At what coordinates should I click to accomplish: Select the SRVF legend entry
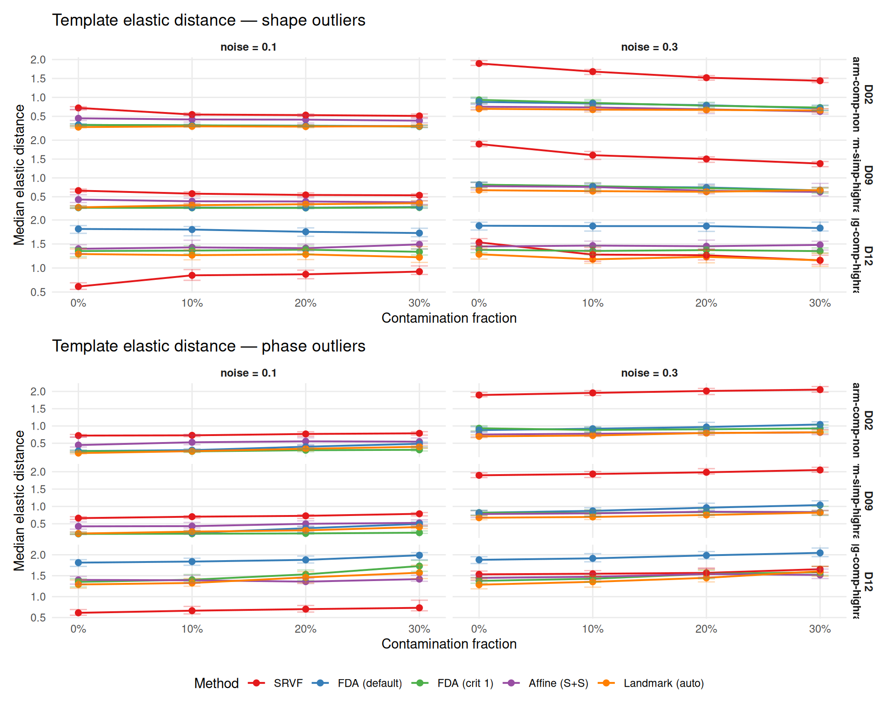coord(288,683)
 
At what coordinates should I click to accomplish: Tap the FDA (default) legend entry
coord(369,683)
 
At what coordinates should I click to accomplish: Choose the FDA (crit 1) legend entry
coord(465,683)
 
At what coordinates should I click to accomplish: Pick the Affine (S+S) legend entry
coord(558,683)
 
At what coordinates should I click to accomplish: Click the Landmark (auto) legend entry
coord(663,683)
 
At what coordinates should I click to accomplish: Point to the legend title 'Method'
coord(216,683)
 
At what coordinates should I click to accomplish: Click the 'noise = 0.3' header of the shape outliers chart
coord(649,47)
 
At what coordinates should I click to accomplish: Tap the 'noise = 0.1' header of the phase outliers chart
coord(248,373)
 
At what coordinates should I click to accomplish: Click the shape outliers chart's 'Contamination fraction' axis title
coord(449,318)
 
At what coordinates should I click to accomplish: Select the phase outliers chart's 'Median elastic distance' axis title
coord(19,500)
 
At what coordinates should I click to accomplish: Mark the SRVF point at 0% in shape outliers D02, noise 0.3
coord(479,64)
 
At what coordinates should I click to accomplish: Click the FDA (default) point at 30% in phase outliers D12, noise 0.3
coord(820,553)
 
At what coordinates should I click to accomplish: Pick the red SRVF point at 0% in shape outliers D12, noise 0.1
coord(79,286)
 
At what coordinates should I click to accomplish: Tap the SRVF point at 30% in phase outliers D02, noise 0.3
coord(820,390)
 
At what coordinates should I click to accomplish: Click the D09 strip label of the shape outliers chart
coord(868,175)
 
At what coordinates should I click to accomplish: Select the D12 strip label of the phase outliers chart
coord(868,582)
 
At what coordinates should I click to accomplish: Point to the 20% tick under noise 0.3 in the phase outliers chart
coord(706,629)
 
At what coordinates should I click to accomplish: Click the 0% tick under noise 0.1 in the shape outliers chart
coord(79,303)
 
